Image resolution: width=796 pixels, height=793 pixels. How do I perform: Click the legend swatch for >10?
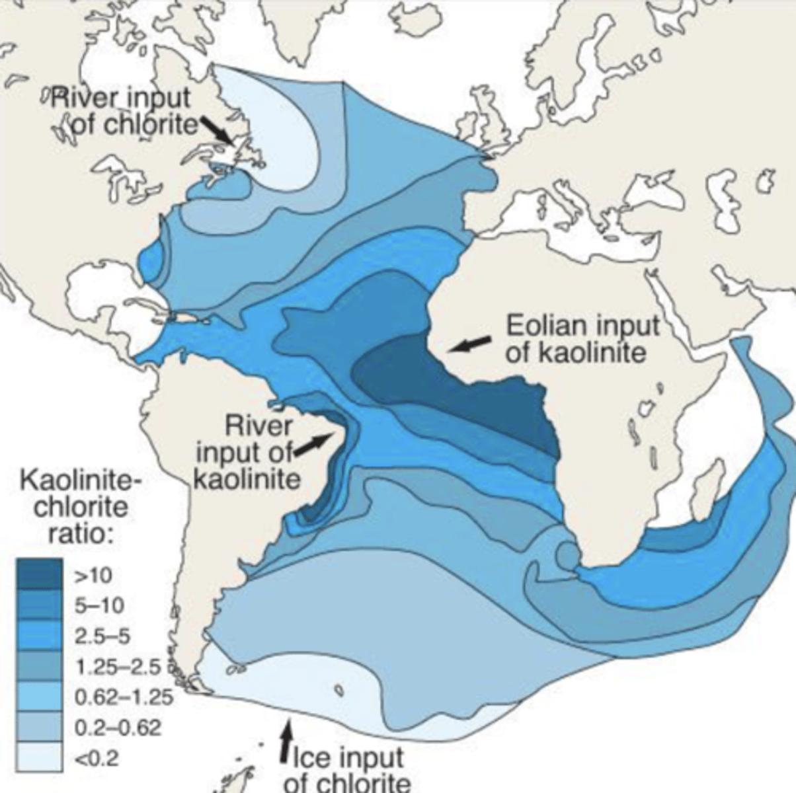(x=40, y=574)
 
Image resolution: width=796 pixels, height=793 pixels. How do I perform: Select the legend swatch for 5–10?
(x=40, y=605)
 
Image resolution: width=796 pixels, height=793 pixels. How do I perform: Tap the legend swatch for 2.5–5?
(x=40, y=635)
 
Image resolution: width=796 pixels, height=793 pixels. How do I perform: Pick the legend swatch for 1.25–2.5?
(x=40, y=665)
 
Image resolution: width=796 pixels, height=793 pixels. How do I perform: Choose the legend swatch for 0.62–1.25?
(x=40, y=696)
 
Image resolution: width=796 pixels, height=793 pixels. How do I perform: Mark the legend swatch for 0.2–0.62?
(x=40, y=726)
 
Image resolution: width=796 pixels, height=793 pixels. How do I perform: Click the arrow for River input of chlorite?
(x=216, y=128)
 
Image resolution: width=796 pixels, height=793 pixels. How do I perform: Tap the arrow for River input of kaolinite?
(x=313, y=444)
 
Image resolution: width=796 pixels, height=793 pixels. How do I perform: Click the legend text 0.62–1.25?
(x=124, y=697)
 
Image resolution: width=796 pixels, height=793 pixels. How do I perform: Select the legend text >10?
(x=94, y=575)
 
